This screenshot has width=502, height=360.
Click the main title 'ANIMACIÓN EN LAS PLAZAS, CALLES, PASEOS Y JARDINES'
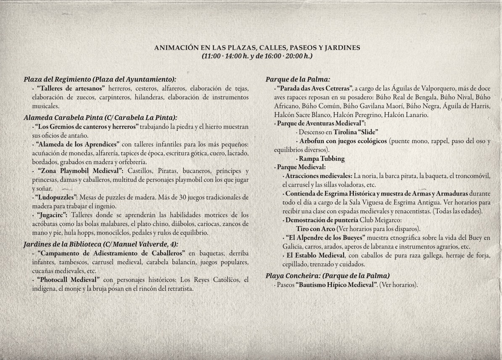[257, 48]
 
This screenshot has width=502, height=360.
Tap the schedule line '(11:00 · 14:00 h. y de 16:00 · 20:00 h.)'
[257, 56]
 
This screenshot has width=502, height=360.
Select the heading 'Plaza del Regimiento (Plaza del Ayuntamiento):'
[100, 79]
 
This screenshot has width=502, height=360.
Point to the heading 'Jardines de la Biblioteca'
[65, 244]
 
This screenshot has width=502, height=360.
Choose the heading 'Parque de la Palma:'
[298, 79]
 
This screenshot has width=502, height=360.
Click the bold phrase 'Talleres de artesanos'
[71, 88]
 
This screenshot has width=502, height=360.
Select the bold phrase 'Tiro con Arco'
[316, 229]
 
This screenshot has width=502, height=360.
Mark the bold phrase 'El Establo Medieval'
[314, 256]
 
